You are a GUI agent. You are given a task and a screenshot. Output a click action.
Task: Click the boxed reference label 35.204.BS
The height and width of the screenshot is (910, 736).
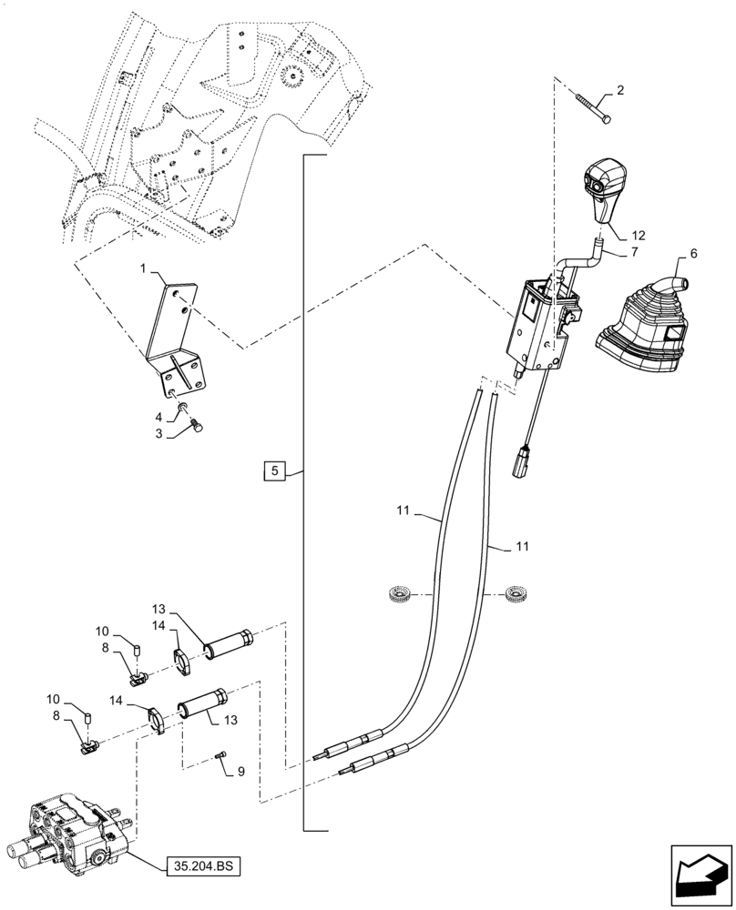click(202, 867)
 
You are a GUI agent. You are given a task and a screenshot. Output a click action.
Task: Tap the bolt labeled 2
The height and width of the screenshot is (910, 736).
click(592, 107)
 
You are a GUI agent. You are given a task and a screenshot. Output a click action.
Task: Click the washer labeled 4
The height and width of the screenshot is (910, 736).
click(184, 406)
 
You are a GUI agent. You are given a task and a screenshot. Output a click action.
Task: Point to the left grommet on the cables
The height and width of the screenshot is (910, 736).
click(399, 595)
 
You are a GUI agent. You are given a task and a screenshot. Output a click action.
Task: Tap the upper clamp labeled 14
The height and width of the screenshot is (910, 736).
click(182, 659)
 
